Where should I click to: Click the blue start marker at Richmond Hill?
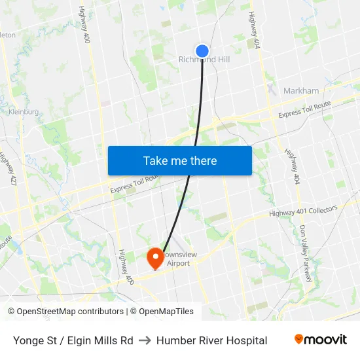pyautogui.click(x=202, y=50)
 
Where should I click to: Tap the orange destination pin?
pyautogui.click(x=155, y=257)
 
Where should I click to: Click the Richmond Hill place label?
pyautogui.click(x=204, y=60)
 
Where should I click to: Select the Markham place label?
pyautogui.click(x=301, y=90)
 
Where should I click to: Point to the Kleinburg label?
pyautogui.click(x=24, y=112)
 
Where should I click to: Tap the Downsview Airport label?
pyautogui.click(x=175, y=259)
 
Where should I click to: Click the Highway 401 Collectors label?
pyautogui.click(x=303, y=211)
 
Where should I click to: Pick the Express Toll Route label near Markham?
pyautogui.click(x=304, y=109)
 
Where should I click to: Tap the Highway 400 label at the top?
pyautogui.click(x=84, y=25)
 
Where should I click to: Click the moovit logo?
pyautogui.click(x=321, y=340)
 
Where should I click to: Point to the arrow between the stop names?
pyautogui.click(x=145, y=340)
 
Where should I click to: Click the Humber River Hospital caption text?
pyautogui.click(x=211, y=340)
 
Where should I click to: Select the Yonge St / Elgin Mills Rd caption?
pyautogui.click(x=73, y=340)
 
